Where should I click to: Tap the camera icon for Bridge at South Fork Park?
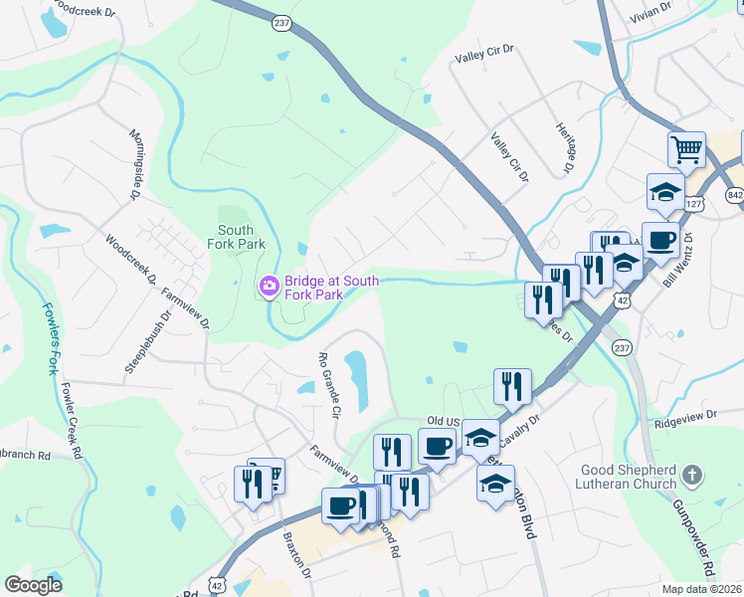tap(269, 287)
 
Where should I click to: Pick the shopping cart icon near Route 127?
tap(686, 150)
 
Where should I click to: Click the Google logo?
tap(34, 585)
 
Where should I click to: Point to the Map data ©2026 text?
tap(702, 589)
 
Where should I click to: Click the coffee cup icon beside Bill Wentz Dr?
tap(660, 240)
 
